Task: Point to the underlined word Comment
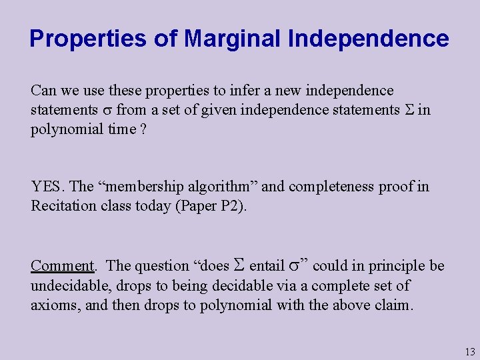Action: (63, 266)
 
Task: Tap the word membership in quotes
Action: (149, 187)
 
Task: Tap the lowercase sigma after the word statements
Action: (107, 110)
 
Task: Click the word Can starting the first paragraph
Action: (44, 91)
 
